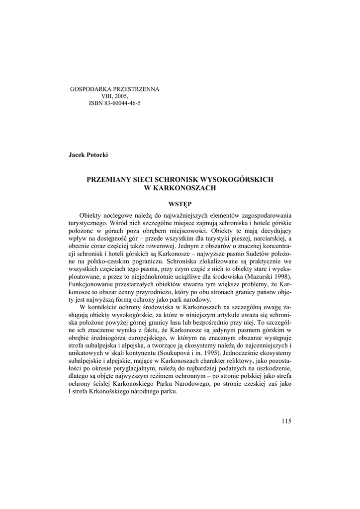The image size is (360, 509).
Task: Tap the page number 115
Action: (286, 422)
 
